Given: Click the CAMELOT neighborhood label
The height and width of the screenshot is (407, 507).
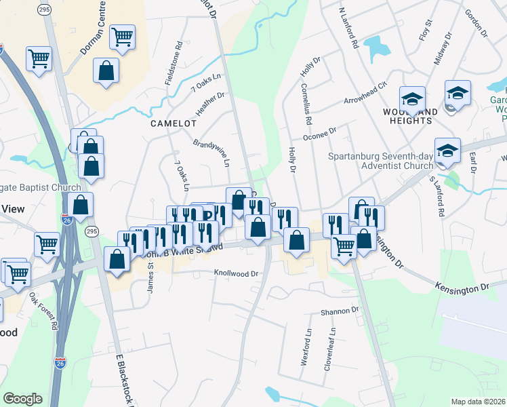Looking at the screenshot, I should click(x=174, y=124).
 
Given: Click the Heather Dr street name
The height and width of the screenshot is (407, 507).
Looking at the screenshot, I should click(x=210, y=104).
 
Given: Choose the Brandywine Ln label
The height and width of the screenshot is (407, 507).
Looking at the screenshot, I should click(x=211, y=154).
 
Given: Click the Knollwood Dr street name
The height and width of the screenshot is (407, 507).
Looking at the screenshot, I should click(x=237, y=274).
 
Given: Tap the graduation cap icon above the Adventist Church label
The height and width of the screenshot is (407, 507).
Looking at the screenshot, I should click(x=448, y=150).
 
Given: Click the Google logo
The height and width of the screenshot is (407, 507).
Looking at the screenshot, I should click(x=23, y=399).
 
